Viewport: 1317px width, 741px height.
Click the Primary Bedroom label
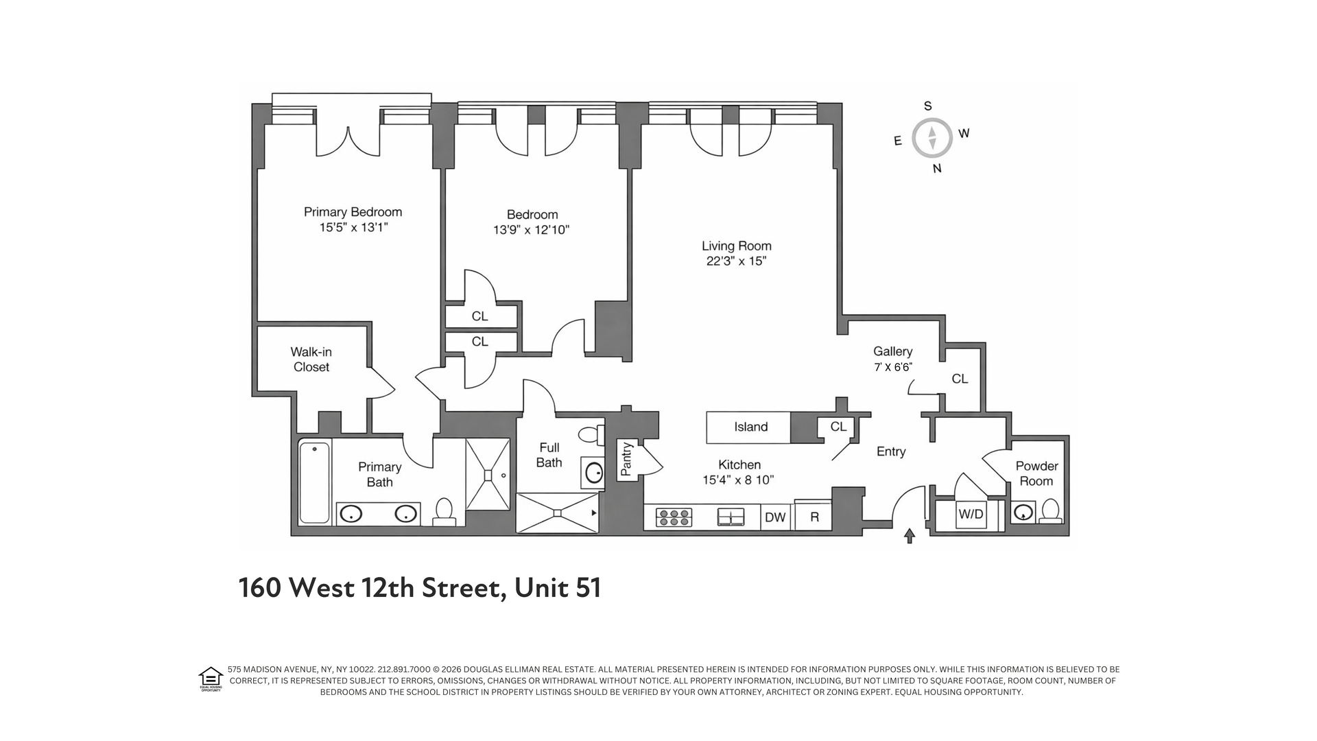pos(353,212)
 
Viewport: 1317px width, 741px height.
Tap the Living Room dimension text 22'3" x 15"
pos(736,261)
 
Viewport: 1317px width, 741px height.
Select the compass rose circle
pos(932,138)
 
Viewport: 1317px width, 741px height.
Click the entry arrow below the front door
pos(910,536)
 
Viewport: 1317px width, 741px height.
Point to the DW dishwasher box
pos(775,517)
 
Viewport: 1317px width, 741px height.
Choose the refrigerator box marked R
pos(814,517)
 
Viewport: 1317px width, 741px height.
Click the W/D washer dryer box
pos(971,515)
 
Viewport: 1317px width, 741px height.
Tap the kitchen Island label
pos(750,427)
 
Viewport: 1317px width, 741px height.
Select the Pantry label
pos(626,459)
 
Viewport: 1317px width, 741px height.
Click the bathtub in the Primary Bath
pos(315,482)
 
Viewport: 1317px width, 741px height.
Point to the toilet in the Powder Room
pos(1050,511)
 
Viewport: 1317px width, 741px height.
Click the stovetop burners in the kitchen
pos(674,517)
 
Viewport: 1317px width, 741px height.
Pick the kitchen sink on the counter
pos(731,517)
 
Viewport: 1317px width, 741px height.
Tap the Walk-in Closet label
pos(311,360)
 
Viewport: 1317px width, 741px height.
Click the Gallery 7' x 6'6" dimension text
pos(892,367)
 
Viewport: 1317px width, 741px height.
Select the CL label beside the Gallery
pos(960,379)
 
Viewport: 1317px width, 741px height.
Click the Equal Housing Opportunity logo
pos(210,679)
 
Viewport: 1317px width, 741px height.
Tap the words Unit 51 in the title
pos(558,588)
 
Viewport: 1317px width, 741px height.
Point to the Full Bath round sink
pos(594,472)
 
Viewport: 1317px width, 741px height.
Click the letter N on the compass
pos(937,169)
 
